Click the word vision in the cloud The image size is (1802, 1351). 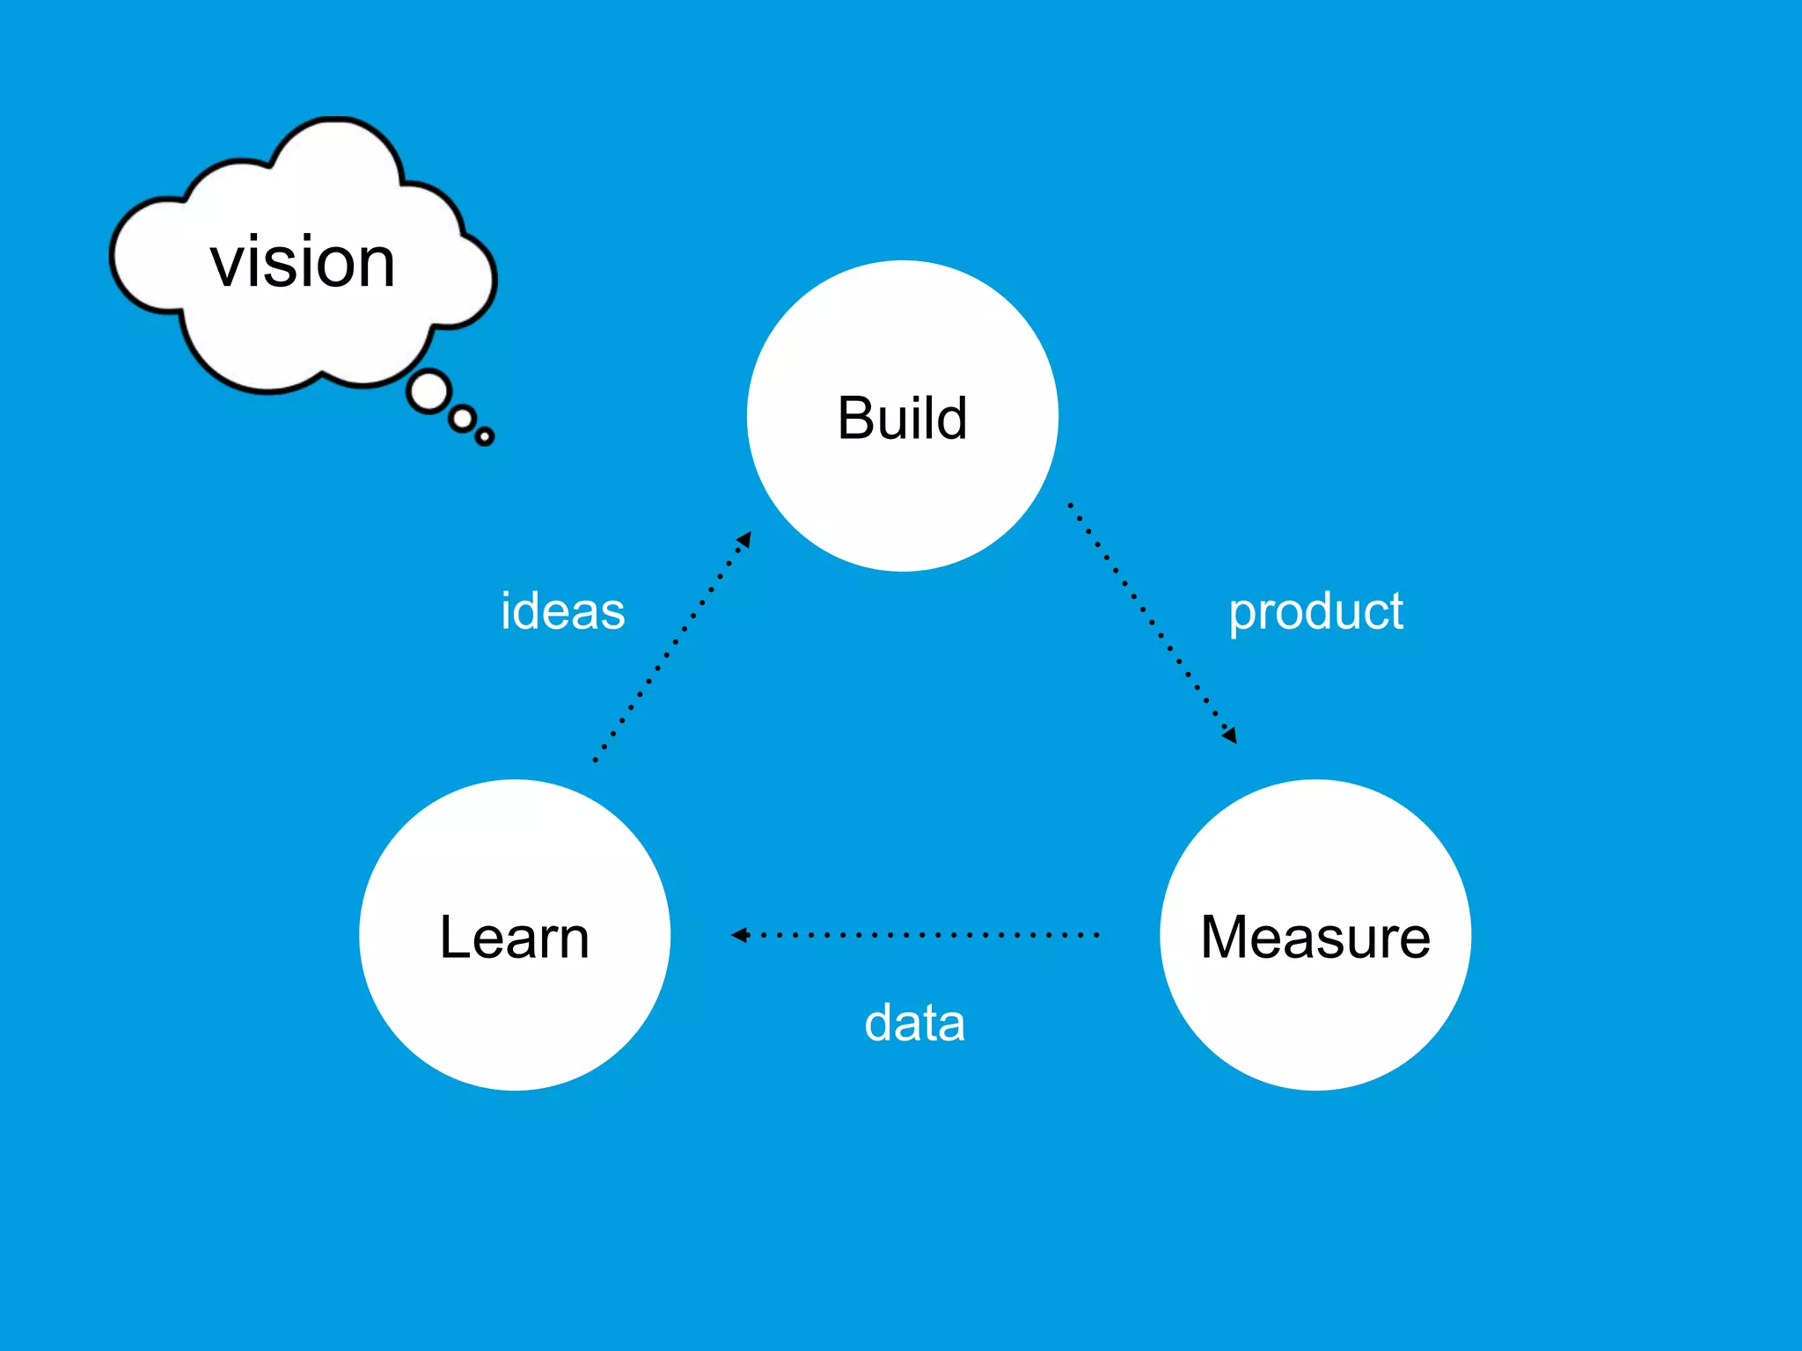(303, 262)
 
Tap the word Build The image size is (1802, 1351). (902, 418)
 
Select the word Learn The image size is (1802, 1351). (514, 938)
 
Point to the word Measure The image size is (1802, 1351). (1315, 938)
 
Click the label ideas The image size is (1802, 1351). (562, 611)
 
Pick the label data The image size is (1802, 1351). (914, 1023)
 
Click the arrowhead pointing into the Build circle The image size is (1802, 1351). (745, 539)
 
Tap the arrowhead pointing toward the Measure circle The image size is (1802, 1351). (1230, 735)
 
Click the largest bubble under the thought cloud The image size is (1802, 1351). (429, 392)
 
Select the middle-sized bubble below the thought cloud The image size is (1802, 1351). (463, 420)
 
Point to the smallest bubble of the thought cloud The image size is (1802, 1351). (485, 436)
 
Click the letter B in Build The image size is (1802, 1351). (854, 418)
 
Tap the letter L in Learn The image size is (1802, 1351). (454, 938)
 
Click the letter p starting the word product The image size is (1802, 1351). (1242, 616)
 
